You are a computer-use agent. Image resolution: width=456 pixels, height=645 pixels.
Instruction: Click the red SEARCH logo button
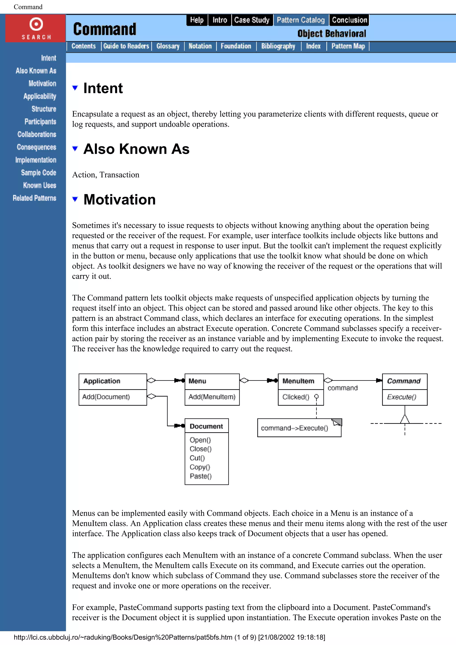click(x=36, y=28)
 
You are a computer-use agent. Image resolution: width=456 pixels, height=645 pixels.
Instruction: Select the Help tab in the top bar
click(x=197, y=20)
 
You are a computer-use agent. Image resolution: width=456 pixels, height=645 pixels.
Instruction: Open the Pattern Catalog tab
click(x=301, y=20)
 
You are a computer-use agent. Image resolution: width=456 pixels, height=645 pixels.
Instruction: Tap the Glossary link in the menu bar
click(x=168, y=46)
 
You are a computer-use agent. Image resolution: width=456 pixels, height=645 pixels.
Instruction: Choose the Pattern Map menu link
click(x=348, y=46)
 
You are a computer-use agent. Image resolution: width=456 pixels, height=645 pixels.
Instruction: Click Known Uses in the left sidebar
click(x=39, y=185)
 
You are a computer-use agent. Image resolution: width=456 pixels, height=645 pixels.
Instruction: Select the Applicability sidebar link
click(x=40, y=96)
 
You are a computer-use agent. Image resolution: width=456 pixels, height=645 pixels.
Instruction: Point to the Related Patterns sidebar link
click(x=34, y=198)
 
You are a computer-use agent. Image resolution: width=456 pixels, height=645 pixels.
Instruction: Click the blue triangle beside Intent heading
click(x=75, y=88)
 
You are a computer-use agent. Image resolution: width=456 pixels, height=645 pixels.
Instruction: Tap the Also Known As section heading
click(x=136, y=149)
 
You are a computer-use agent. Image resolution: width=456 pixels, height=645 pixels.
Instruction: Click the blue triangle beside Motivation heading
click(x=75, y=199)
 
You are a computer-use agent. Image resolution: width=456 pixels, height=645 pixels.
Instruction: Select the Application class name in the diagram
click(x=102, y=381)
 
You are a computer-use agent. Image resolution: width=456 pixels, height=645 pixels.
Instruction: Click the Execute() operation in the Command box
click(x=401, y=397)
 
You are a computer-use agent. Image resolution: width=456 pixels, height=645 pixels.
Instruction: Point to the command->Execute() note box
click(x=299, y=428)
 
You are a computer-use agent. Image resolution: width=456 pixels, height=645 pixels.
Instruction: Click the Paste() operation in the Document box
click(x=201, y=476)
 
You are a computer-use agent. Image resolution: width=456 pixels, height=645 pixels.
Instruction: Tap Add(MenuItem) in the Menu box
click(x=212, y=397)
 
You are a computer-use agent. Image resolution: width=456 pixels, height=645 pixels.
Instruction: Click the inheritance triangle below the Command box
click(x=405, y=419)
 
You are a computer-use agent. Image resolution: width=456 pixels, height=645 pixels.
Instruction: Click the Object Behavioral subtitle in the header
click(x=332, y=34)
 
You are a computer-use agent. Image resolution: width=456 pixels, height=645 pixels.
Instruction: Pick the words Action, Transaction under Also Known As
click(x=106, y=175)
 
